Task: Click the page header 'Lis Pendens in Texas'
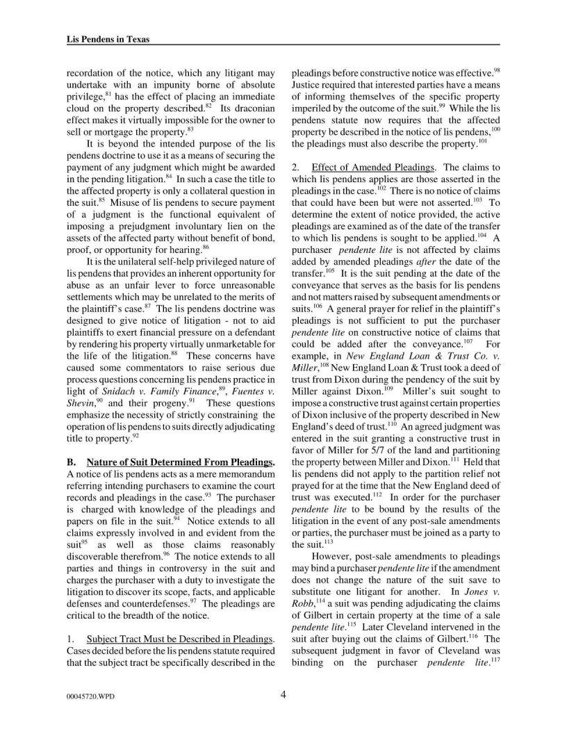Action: click(103, 40)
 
